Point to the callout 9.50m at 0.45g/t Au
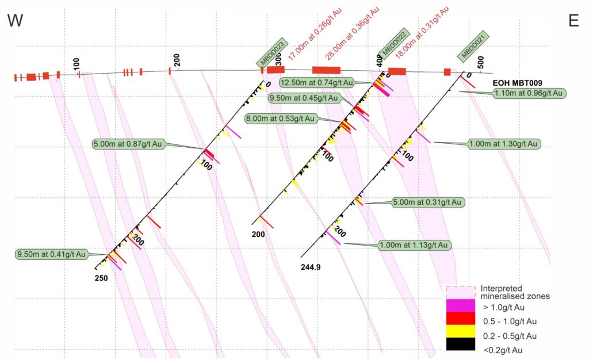click(x=309, y=98)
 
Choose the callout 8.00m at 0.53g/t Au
click(x=282, y=119)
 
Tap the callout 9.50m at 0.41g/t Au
click(x=51, y=254)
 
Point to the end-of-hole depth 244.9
click(x=311, y=266)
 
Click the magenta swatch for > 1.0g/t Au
click(x=461, y=307)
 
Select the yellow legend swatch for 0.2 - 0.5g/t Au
click(x=461, y=331)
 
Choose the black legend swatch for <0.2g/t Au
click(x=461, y=344)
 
